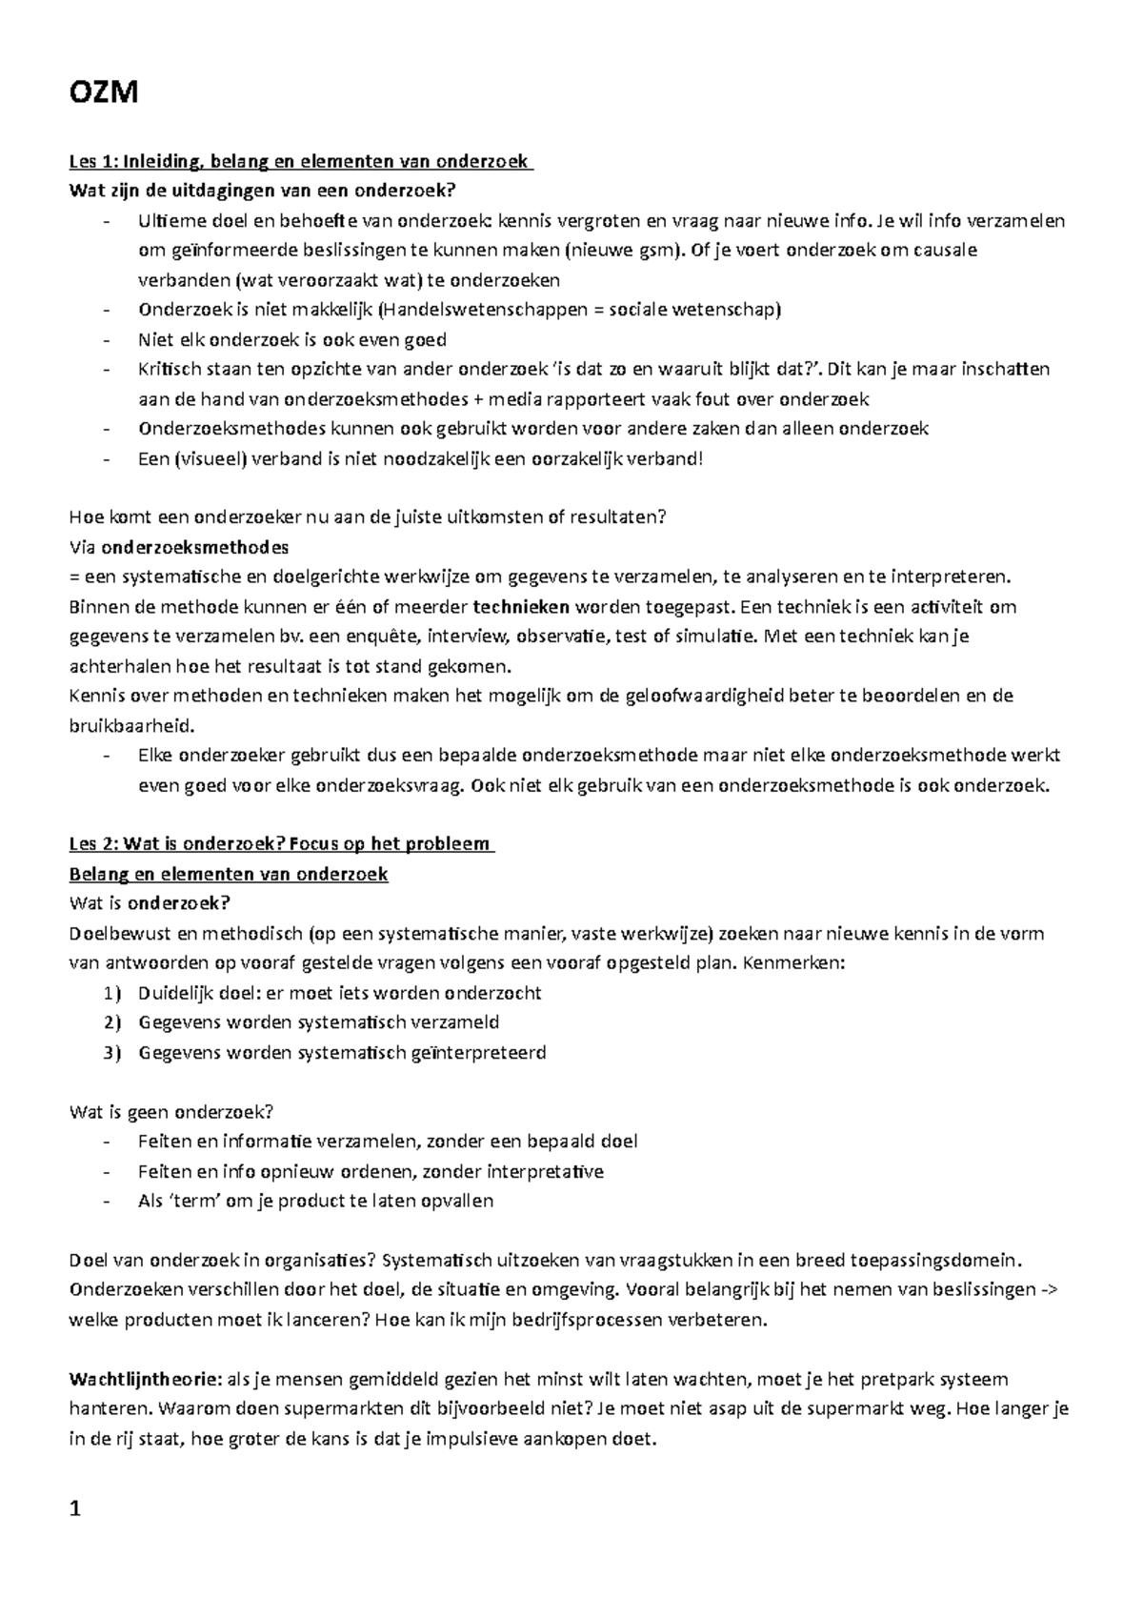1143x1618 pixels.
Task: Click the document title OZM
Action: [x=104, y=93]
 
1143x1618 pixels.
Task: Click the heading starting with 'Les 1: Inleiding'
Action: [x=300, y=162]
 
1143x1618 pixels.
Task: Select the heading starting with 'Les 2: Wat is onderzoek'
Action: [x=281, y=843]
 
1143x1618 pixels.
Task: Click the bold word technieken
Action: [x=521, y=606]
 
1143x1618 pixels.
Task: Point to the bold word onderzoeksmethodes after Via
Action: [x=194, y=547]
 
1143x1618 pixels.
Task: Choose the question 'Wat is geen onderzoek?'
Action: [x=172, y=1111]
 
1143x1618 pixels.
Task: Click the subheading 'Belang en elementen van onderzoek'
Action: [x=229, y=874]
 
